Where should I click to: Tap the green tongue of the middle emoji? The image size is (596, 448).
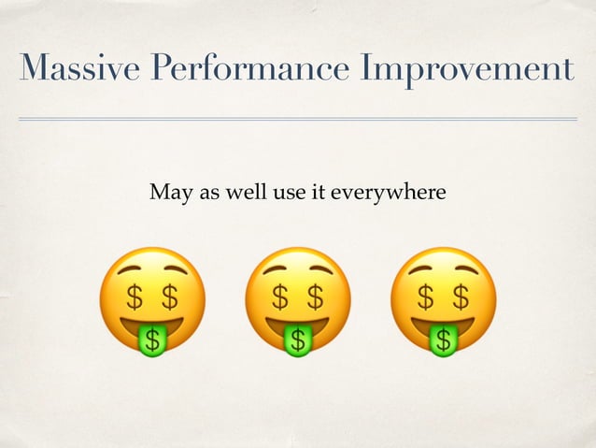(x=297, y=340)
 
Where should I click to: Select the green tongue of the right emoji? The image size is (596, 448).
(x=444, y=340)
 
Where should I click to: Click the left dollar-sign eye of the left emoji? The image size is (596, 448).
(x=135, y=297)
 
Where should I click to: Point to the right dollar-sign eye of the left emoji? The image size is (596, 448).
(x=169, y=297)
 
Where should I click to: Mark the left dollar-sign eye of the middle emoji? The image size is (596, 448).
(x=280, y=297)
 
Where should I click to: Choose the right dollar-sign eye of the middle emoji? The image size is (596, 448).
(x=315, y=297)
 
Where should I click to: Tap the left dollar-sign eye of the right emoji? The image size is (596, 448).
(x=426, y=297)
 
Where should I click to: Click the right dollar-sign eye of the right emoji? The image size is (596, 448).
(x=461, y=297)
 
